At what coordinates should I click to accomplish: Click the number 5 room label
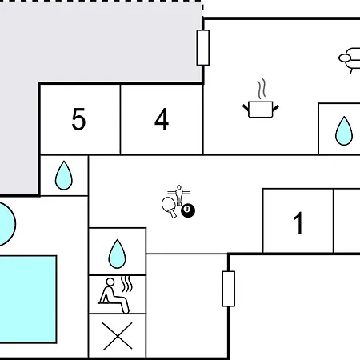78,119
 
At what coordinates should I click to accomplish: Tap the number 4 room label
162,119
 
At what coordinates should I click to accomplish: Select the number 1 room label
298,223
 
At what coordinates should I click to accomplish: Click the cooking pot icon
261,109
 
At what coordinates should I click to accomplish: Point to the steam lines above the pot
262,89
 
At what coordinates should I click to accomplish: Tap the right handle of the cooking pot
276,108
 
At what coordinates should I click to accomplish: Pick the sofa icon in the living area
350,60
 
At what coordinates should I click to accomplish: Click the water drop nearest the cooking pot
344,130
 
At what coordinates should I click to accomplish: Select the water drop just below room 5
64,175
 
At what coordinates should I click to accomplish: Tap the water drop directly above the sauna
117,254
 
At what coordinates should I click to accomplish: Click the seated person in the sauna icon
114,295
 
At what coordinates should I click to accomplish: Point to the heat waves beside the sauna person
126,284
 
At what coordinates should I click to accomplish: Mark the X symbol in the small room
118,336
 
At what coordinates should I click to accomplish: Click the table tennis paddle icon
169,207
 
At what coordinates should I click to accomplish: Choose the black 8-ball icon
188,210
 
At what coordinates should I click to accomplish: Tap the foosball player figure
179,195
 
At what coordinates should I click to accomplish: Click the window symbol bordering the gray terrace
203,48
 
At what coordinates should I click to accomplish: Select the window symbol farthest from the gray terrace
229,289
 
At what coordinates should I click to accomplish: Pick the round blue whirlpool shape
6,224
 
